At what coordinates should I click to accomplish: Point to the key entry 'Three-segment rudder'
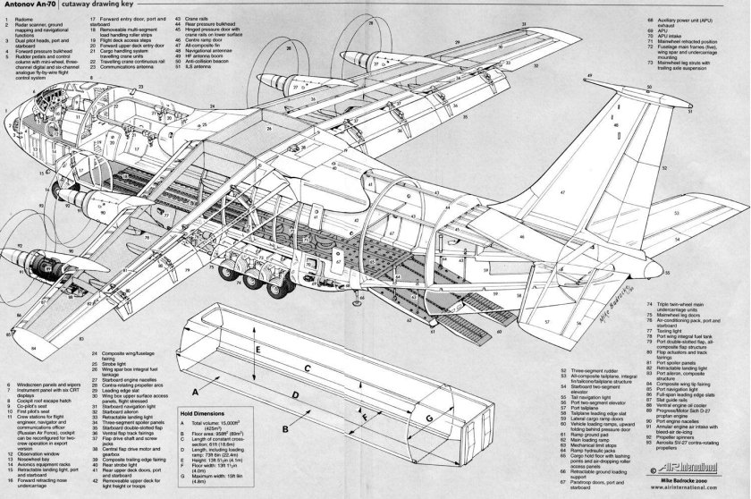pos(586,368)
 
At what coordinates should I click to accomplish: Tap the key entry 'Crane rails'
pos(167,16)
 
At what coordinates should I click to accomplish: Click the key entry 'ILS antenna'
pos(168,65)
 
